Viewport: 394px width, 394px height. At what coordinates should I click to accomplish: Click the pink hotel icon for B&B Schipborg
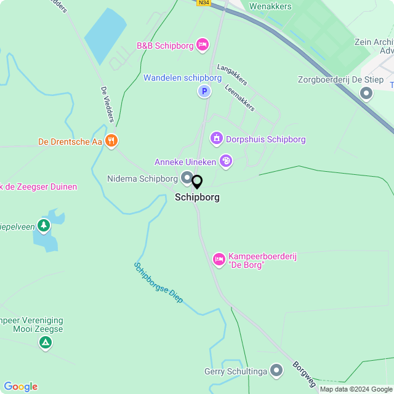[x=203, y=45]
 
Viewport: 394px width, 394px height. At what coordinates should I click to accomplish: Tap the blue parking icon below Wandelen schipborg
[x=203, y=92]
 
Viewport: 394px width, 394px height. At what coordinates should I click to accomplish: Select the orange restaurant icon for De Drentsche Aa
[x=111, y=141]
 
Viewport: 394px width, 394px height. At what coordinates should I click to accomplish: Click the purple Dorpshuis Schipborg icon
[x=216, y=139]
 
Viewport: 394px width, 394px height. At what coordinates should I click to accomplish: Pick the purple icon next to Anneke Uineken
[x=226, y=161]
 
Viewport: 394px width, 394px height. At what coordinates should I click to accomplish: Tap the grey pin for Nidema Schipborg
[x=187, y=179]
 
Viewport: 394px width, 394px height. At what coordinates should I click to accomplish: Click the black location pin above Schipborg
[x=197, y=182]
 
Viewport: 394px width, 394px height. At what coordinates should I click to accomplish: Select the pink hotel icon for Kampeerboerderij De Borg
[x=219, y=260]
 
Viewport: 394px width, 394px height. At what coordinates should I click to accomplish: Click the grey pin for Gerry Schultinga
[x=276, y=371]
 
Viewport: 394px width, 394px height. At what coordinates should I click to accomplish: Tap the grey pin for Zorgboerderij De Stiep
[x=367, y=94]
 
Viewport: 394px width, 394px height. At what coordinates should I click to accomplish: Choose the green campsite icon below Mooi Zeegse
[x=45, y=343]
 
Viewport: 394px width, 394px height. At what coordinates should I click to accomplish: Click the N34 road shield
[x=204, y=3]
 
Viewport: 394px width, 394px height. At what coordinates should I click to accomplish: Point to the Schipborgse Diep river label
[x=158, y=283]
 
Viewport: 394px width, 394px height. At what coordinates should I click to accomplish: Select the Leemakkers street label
[x=240, y=98]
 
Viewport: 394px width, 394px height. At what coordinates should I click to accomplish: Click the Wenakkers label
[x=270, y=6]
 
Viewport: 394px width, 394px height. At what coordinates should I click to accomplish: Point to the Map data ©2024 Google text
[x=355, y=389]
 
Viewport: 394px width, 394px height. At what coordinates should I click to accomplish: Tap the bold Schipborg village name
[x=197, y=198]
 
